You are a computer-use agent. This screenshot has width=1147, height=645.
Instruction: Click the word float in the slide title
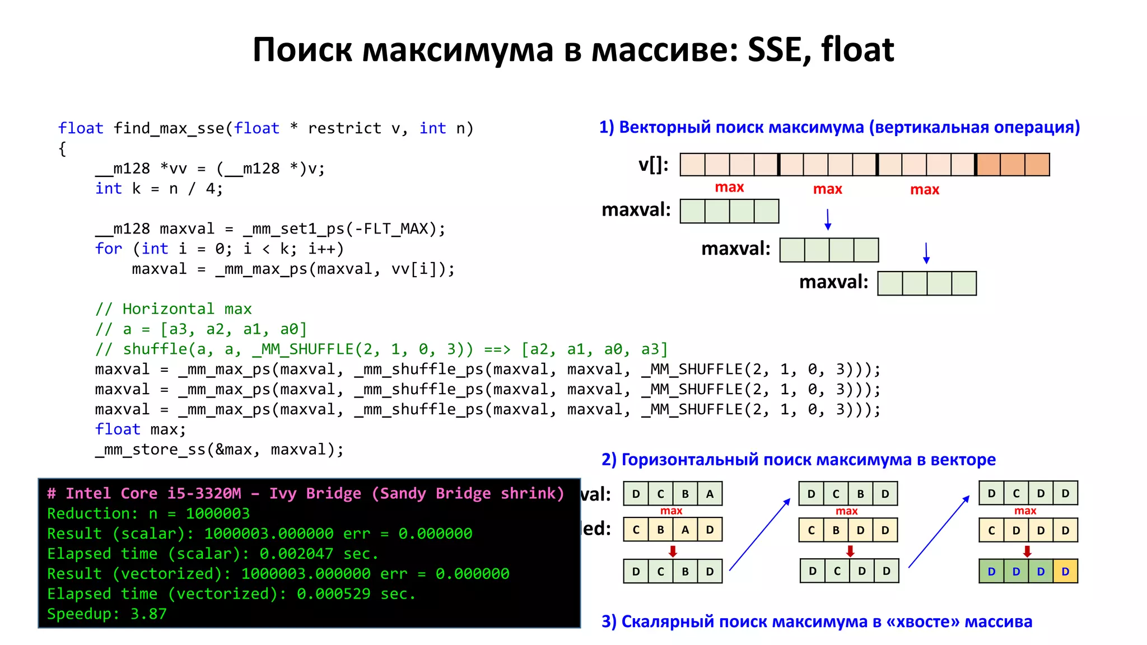click(857, 49)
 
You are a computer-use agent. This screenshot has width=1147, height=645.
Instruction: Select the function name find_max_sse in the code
click(169, 129)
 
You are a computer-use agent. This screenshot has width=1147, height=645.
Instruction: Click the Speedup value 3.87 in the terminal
click(148, 614)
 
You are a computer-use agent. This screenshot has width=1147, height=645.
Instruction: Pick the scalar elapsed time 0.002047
click(296, 554)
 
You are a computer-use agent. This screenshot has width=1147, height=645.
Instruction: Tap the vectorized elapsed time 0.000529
click(333, 594)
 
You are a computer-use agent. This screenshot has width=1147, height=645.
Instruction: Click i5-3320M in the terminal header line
click(204, 493)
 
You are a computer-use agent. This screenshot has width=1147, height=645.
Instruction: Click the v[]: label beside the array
click(653, 165)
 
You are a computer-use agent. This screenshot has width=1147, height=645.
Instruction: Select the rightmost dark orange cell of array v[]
click(1037, 165)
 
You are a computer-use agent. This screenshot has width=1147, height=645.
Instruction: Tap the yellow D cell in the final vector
click(1065, 572)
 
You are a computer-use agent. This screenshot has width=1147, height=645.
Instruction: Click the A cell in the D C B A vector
click(710, 494)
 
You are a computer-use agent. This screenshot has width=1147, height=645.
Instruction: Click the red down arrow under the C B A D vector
click(673, 551)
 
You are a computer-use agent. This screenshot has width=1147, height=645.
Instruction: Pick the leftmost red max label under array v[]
click(729, 188)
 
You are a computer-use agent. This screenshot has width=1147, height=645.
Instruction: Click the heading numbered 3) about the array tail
click(817, 621)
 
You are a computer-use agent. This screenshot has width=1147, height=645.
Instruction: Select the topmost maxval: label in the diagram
click(636, 210)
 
